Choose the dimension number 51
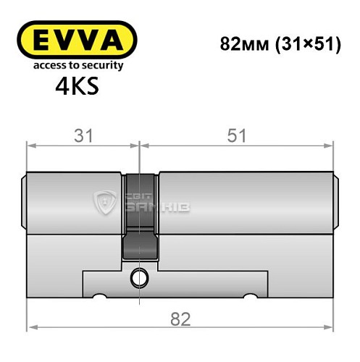pyautogui.click(x=238, y=135)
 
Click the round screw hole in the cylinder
pyautogui.click(x=138, y=276)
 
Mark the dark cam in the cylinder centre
pyautogui.click(x=138, y=217)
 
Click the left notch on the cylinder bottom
pyautogui.click(x=100, y=296)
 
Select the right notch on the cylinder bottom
pyautogui.click(x=251, y=296)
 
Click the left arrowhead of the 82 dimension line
pyautogui.click(x=30, y=332)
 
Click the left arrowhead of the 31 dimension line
pyautogui.click(x=30, y=146)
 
